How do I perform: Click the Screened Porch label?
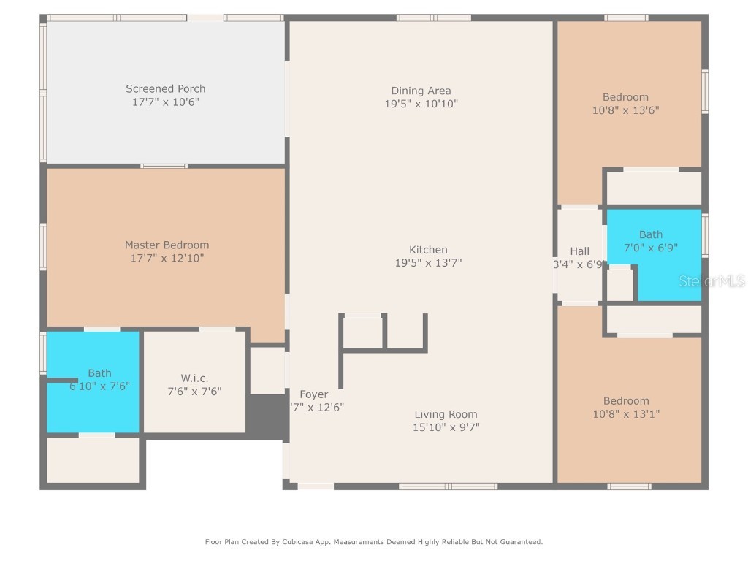pyautogui.click(x=165, y=89)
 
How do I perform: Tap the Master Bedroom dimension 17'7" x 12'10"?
pyautogui.click(x=167, y=258)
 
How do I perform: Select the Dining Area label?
pyautogui.click(x=421, y=91)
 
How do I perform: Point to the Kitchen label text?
pyautogui.click(x=428, y=250)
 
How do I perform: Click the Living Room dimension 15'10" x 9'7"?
pyautogui.click(x=446, y=427)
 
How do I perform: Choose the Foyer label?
pyautogui.click(x=313, y=394)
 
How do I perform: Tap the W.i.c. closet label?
pyautogui.click(x=194, y=378)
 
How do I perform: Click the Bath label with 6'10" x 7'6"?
pyautogui.click(x=100, y=373)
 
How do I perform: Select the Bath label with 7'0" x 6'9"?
pyautogui.click(x=651, y=234)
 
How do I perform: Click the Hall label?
pyautogui.click(x=579, y=251)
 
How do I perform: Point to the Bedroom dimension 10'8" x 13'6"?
pyautogui.click(x=625, y=110)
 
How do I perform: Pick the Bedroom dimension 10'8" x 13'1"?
pyautogui.click(x=626, y=414)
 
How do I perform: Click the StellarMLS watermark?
pyautogui.click(x=711, y=281)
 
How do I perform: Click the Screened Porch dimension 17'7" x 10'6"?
pyautogui.click(x=165, y=102)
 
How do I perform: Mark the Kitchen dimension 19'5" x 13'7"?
pyautogui.click(x=428, y=263)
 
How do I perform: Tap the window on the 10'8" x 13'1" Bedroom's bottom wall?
pyautogui.click(x=629, y=486)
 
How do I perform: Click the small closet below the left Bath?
pyautogui.click(x=93, y=459)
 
